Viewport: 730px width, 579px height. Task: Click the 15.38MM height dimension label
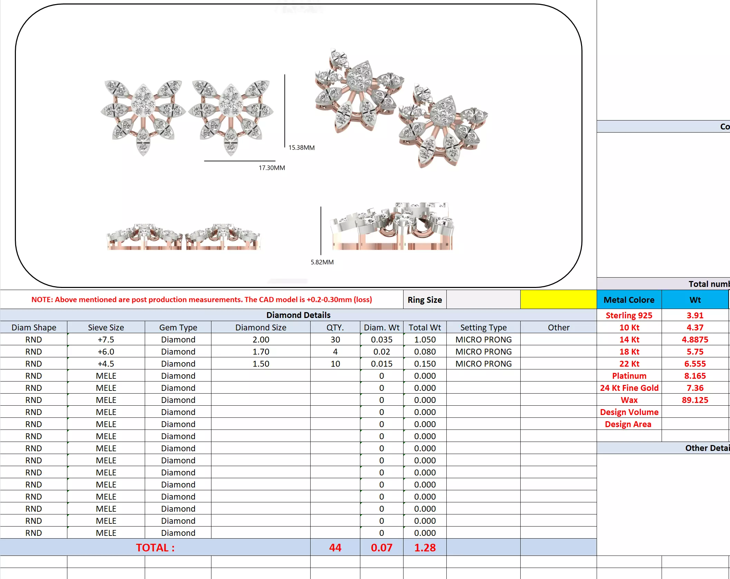pos(301,147)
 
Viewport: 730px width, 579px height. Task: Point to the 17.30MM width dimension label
pos(272,168)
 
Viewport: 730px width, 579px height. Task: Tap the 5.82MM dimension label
pos(322,262)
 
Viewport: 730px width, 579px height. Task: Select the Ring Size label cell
pos(425,300)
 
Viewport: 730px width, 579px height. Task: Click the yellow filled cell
pos(558,299)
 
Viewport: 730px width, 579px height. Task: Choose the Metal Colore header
pos(629,300)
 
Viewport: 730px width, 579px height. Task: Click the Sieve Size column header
pos(106,327)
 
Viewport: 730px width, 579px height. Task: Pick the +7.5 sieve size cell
pos(106,339)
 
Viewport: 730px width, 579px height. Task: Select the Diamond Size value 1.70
pos(260,351)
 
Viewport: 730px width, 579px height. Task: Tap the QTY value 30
pos(335,339)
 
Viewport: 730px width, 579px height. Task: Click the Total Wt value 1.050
pos(425,339)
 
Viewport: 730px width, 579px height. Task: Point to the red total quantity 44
pos(335,548)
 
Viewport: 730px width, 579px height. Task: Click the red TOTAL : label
pos(155,548)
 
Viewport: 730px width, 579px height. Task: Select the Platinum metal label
pos(629,376)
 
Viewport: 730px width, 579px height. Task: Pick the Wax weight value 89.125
pos(695,400)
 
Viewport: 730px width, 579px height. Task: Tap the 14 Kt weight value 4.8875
pos(695,339)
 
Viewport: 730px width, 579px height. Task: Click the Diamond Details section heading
pos(298,315)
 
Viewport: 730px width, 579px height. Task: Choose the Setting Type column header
pos(483,327)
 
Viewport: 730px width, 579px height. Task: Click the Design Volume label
pos(629,412)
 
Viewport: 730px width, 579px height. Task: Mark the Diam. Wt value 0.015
pos(381,364)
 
